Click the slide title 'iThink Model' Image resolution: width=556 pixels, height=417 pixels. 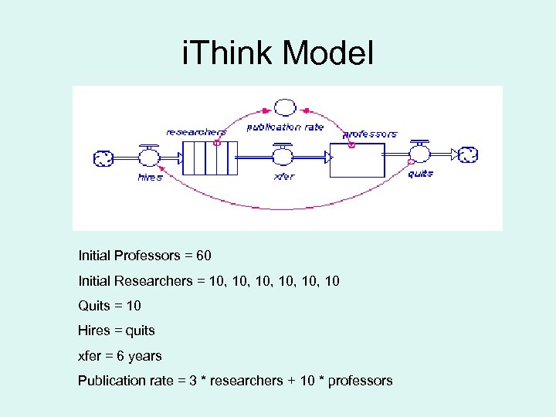pos(277,53)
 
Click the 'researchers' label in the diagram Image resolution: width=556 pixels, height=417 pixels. pos(196,132)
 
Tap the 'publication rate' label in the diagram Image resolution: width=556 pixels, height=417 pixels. pos(285,127)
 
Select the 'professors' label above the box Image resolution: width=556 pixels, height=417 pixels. pos(370,134)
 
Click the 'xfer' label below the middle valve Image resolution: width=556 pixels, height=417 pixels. pos(283,177)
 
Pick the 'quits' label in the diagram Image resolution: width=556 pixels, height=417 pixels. pos(420,174)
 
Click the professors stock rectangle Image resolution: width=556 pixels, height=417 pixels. pos(357,158)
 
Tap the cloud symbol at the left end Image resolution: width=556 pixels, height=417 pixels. pos(103,158)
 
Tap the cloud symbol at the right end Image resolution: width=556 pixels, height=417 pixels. pos(468,155)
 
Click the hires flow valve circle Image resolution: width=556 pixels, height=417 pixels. pos(148,158)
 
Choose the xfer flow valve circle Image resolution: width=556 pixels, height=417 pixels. pos(283,158)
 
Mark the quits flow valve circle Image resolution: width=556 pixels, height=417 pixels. pos(420,155)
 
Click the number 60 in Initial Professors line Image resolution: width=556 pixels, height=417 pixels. pos(203,255)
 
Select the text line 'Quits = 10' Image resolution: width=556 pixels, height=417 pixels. pos(110,305)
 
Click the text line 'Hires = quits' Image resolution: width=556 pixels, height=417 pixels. pos(117,331)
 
